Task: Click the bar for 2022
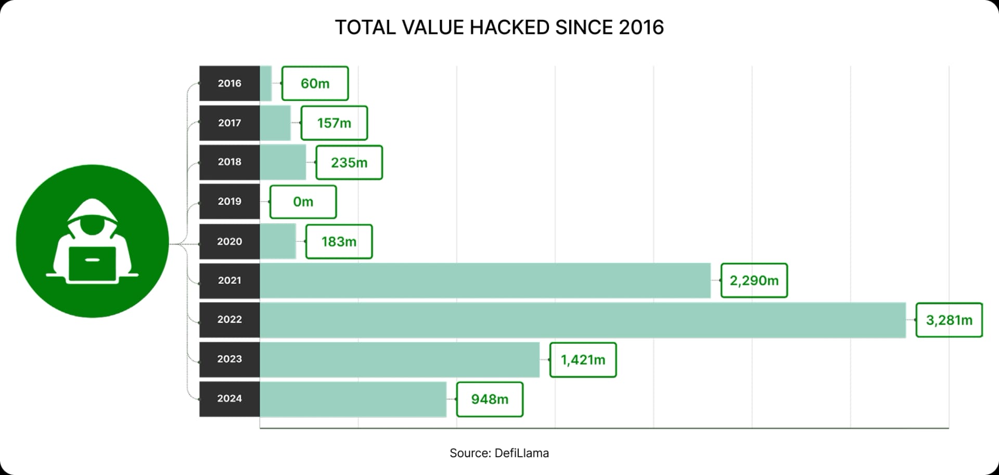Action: [583, 320]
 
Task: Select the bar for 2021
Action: [485, 281]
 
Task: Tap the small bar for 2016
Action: [266, 83]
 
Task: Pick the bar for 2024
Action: [353, 399]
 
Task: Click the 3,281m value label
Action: [949, 320]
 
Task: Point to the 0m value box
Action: [303, 202]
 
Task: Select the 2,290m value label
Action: [754, 281]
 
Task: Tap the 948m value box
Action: [490, 399]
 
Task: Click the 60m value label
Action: [315, 83]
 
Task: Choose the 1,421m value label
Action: [583, 359]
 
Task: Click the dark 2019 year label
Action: [229, 201]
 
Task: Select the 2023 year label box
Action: [229, 359]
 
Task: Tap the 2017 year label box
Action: [229, 123]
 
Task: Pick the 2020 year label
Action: [229, 241]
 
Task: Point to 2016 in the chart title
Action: [641, 28]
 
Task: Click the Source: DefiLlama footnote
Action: [499, 453]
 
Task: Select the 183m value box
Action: [339, 242]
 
